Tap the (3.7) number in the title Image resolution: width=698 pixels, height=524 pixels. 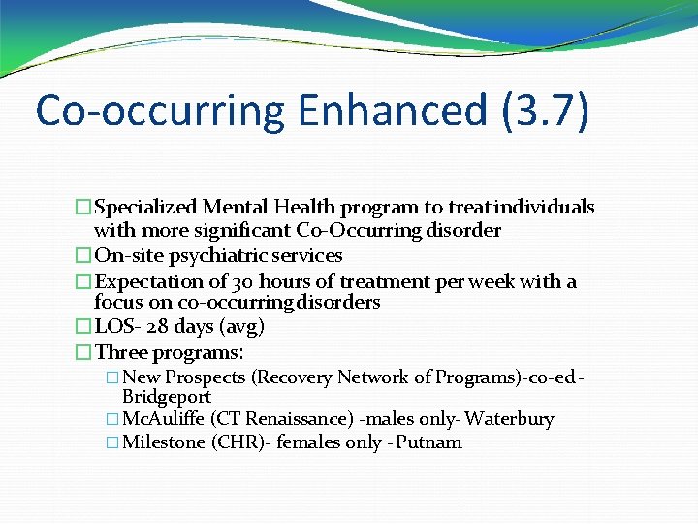point(545,112)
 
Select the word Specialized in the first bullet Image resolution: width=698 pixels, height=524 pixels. point(146,207)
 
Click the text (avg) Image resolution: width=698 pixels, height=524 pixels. point(242,327)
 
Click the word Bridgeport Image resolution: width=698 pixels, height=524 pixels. point(167,397)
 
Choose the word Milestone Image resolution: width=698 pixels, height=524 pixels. point(164,442)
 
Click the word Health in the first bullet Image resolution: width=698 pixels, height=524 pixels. point(304,207)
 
